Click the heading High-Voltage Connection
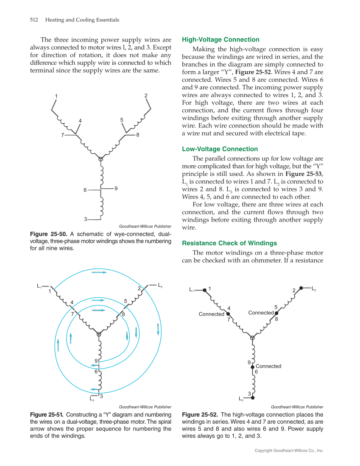coord(220,40)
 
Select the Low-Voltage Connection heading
coord(220,149)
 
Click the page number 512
coord(34,20)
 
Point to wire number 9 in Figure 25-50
coord(116,188)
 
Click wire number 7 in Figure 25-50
coord(62,135)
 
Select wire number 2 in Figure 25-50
coord(146,96)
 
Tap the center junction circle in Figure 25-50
coord(100,159)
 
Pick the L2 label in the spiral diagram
coord(160,285)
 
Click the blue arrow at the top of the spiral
coord(99,272)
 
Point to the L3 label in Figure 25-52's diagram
coord(241,399)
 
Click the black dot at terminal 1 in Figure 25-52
coord(204,290)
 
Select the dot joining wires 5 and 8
coord(276,313)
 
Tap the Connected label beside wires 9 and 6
coord(268,366)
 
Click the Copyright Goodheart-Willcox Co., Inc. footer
coord(289,450)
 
